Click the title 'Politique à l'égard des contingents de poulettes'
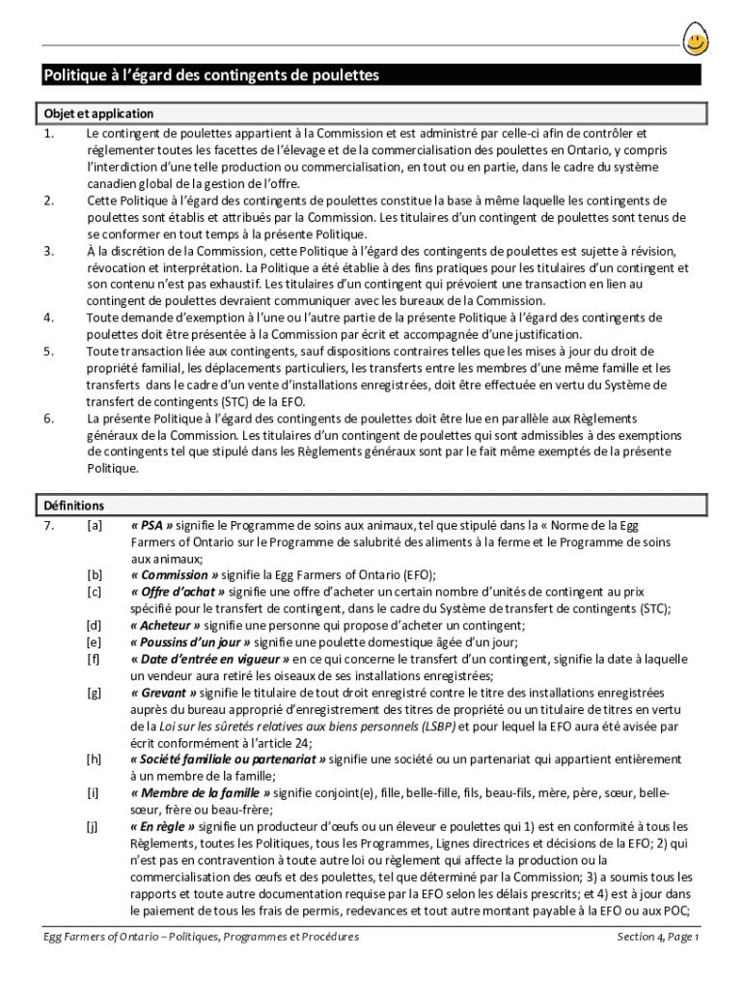coord(210,75)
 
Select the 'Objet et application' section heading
coord(98,114)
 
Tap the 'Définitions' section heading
coord(74,506)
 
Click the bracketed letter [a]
coord(94,526)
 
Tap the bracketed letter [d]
coord(94,625)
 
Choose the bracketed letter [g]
coord(94,693)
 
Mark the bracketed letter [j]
coord(94,827)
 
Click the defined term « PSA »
coord(152,526)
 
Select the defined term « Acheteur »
coord(166,625)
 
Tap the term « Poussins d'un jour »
coord(190,643)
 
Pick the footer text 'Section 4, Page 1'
coord(657,937)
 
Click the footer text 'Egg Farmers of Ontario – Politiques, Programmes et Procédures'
coord(201,937)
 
